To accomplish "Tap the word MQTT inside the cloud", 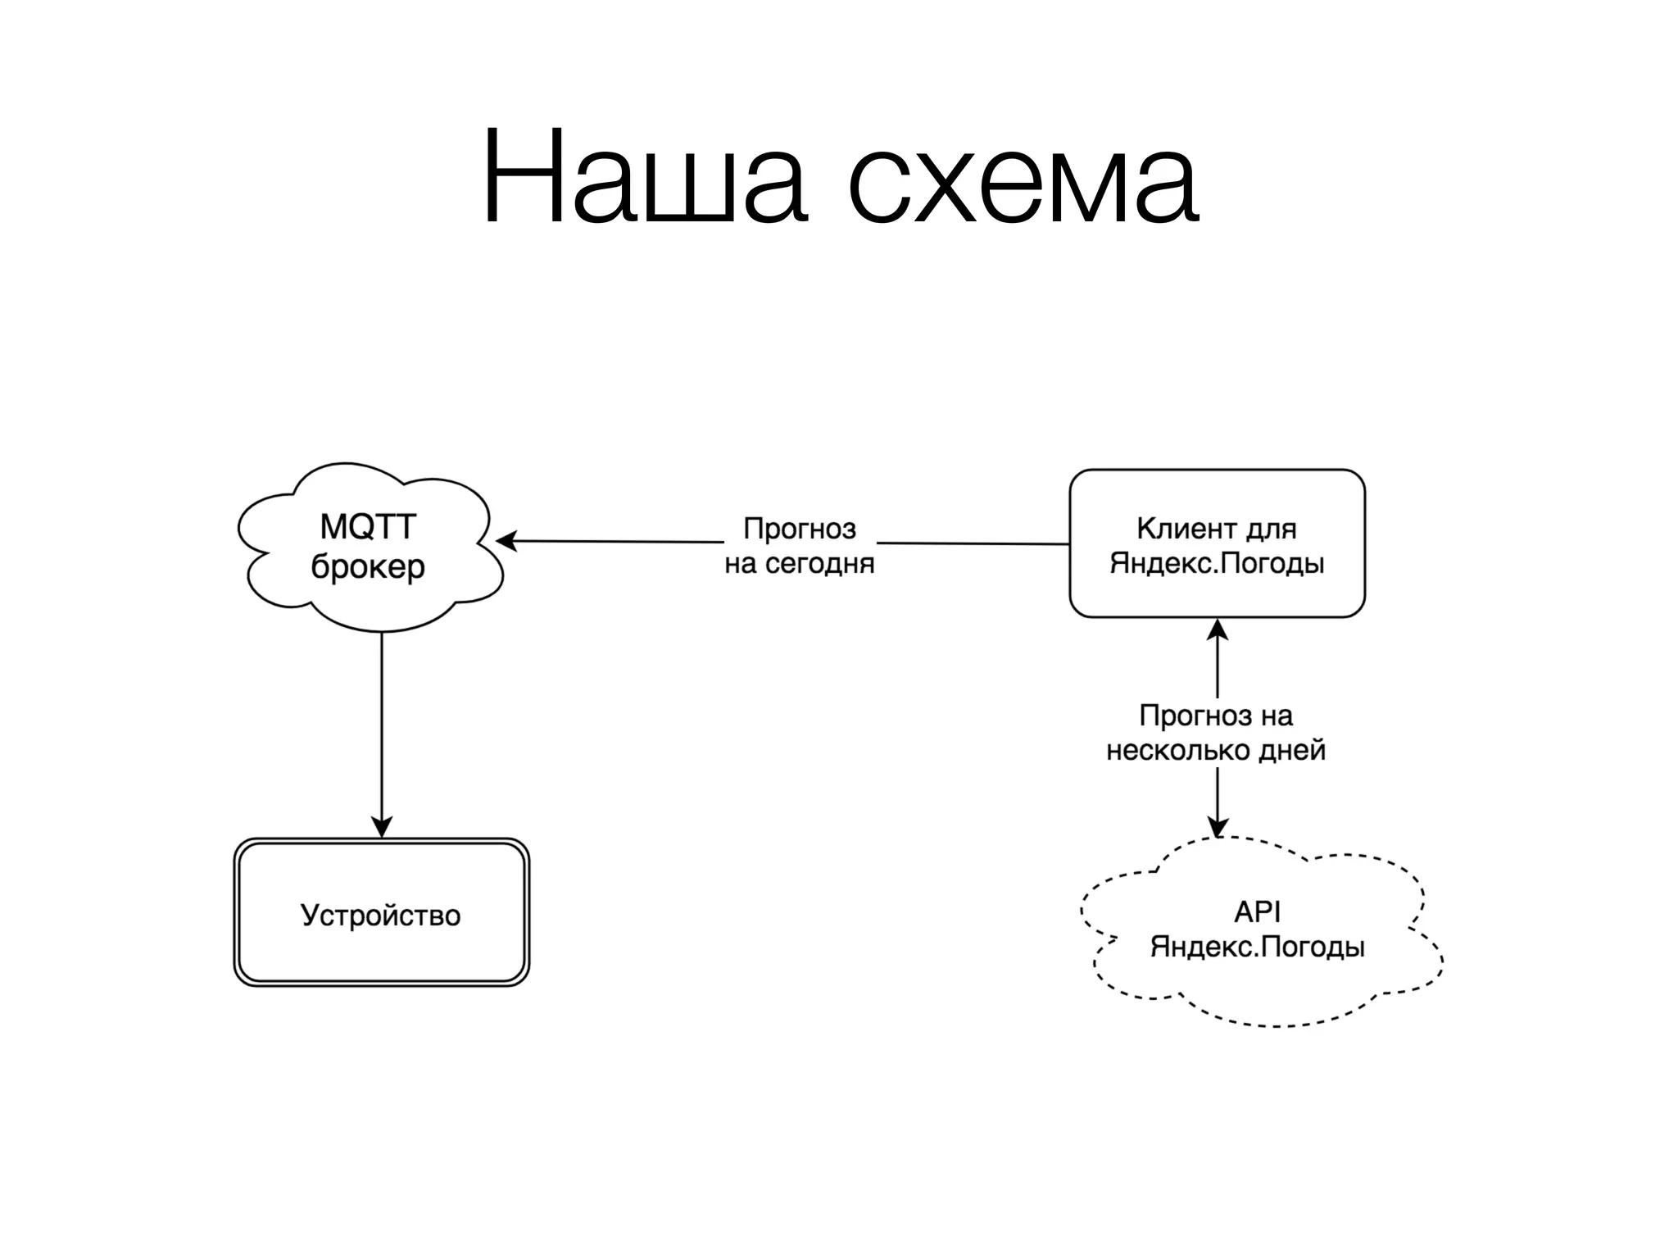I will [368, 527].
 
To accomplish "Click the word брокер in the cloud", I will [368, 567].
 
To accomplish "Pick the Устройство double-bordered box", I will [382, 912].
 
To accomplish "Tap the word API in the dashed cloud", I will [1257, 912].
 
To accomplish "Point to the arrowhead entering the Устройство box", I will [382, 826].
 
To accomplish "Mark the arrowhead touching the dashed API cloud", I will [1218, 826].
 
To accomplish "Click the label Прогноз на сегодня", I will [800, 546].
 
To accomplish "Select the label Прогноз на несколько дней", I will [1216, 734].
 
